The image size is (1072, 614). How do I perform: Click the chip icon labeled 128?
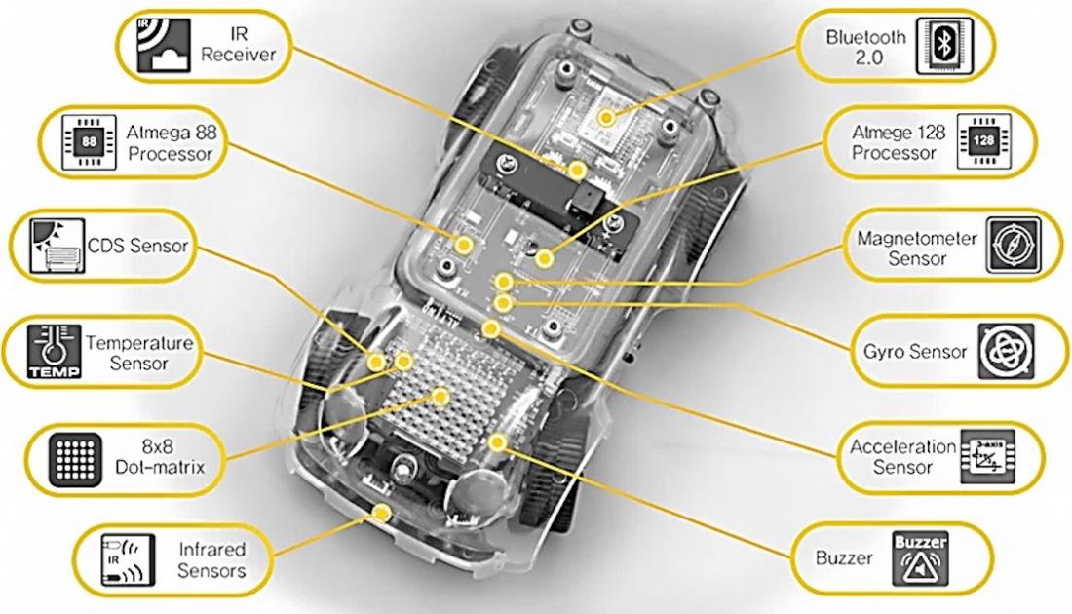(980, 138)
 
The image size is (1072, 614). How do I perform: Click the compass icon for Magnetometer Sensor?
(1013, 244)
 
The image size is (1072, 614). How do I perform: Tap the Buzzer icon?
(919, 557)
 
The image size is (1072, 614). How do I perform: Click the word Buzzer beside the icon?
(844, 559)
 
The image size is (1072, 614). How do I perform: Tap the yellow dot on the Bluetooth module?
(608, 117)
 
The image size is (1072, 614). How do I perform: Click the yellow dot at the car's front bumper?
(383, 511)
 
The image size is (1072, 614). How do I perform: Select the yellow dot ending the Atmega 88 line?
(466, 244)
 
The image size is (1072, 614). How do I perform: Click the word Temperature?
(139, 343)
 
